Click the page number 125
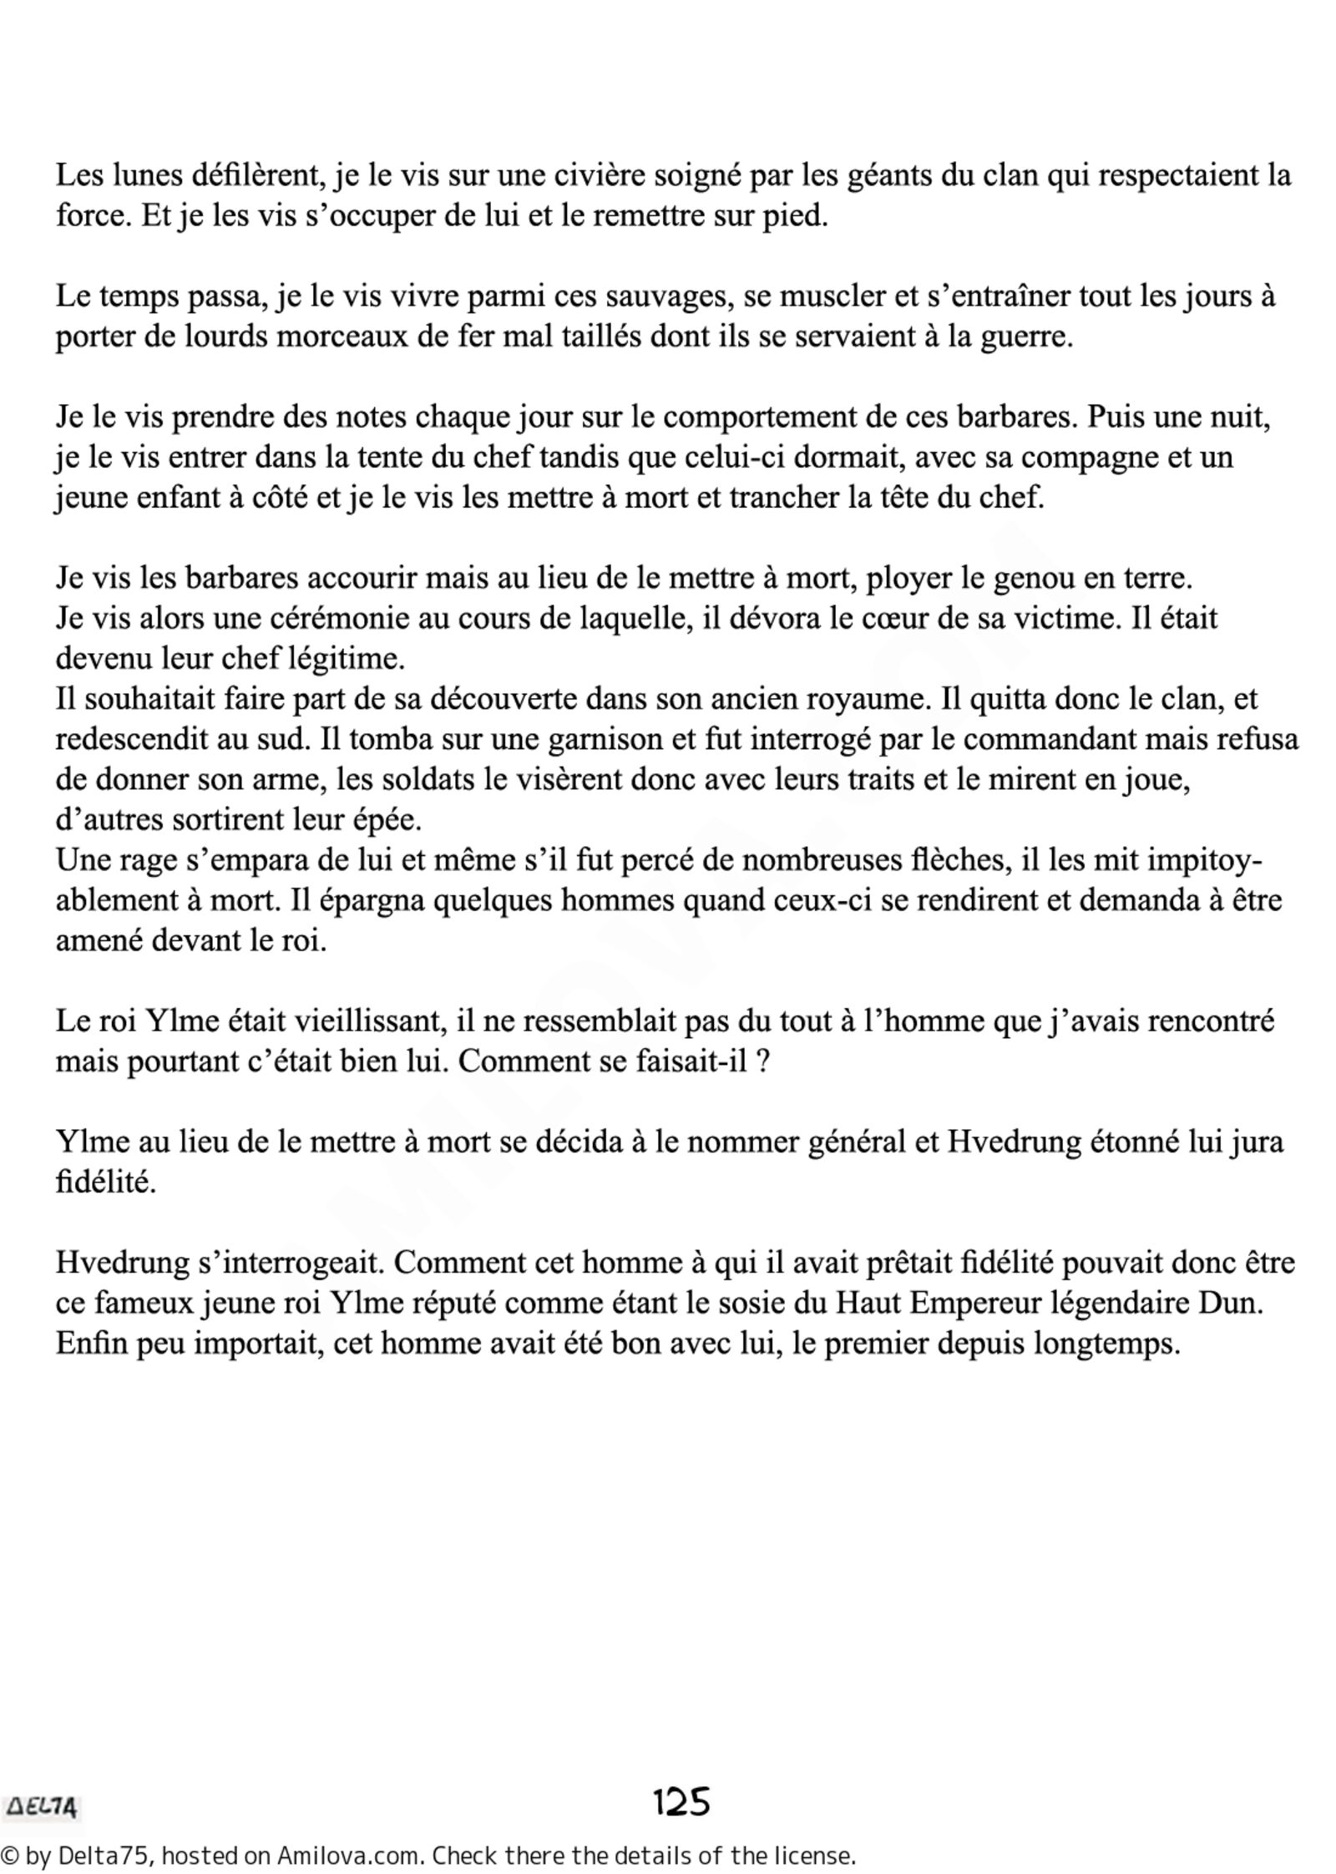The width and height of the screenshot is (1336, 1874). click(x=681, y=1801)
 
